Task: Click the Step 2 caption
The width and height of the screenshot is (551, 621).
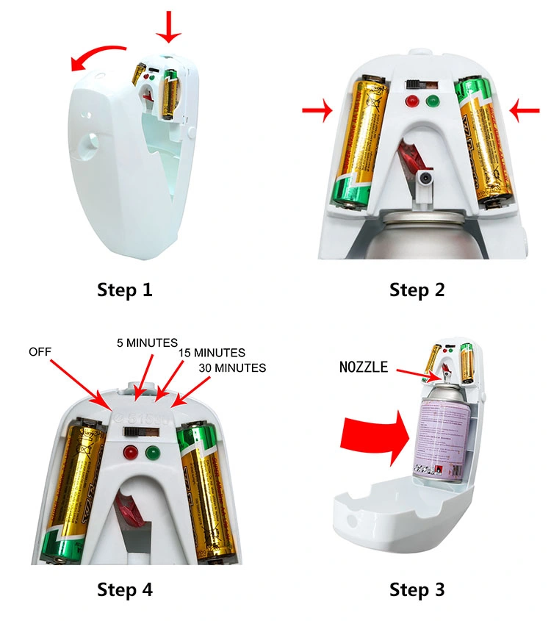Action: [417, 290]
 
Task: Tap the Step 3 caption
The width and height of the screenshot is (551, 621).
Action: [417, 589]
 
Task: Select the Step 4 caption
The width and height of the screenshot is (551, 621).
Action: [125, 589]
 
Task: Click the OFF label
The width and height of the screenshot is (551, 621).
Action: [40, 352]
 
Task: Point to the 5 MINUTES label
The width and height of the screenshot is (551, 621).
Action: [148, 342]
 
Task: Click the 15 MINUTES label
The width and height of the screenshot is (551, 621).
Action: [212, 353]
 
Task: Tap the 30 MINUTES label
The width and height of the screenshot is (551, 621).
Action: [232, 367]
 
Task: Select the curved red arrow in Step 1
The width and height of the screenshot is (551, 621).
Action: [98, 57]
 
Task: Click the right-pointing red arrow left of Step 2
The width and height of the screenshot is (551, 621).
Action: [317, 111]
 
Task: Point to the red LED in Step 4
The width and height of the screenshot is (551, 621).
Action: [133, 453]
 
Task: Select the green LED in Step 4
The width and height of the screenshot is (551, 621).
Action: [154, 453]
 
